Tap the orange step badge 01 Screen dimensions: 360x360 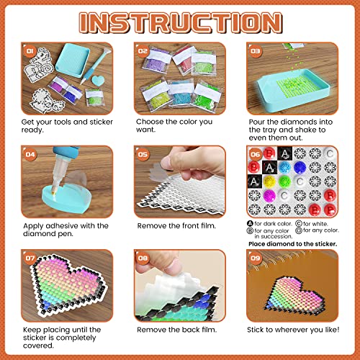tap(30, 52)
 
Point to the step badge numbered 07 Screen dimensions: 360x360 tap(30, 258)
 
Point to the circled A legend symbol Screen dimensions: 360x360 tap(248, 223)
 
